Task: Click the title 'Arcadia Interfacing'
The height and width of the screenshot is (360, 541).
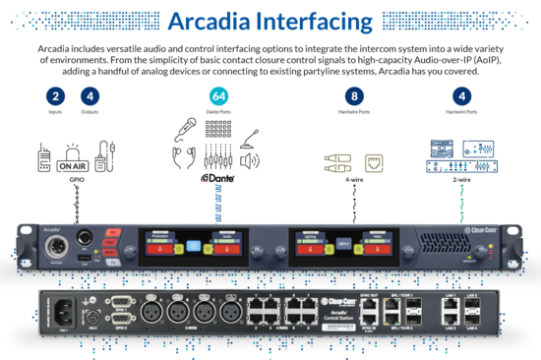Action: [270, 21]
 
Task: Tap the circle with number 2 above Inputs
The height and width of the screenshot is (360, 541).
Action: [56, 96]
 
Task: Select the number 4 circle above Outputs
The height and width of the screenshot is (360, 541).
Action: [90, 96]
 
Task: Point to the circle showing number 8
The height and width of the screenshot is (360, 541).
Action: [354, 96]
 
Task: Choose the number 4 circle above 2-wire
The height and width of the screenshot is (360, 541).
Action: [461, 96]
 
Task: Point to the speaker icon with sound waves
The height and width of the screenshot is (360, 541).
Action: [250, 160]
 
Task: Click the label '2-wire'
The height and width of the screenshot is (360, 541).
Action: [460, 179]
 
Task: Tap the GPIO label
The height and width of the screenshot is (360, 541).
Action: [75, 181]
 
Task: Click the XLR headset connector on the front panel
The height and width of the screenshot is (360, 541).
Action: [57, 242]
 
